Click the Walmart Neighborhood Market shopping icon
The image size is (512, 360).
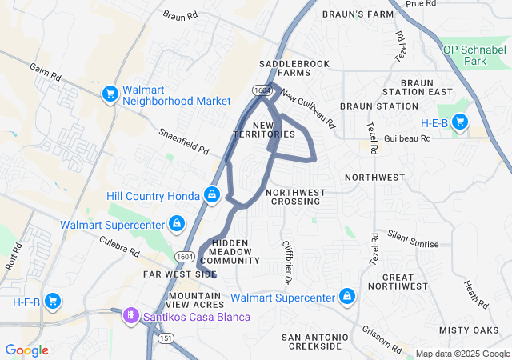coord(110,94)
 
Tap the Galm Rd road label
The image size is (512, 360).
coord(45,76)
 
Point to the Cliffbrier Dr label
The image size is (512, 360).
coord(286,262)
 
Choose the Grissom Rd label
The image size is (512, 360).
coord(383,342)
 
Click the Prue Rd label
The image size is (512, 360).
coord(419,5)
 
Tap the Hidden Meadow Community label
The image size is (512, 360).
coord(231,251)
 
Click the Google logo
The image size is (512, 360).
coord(26,350)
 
